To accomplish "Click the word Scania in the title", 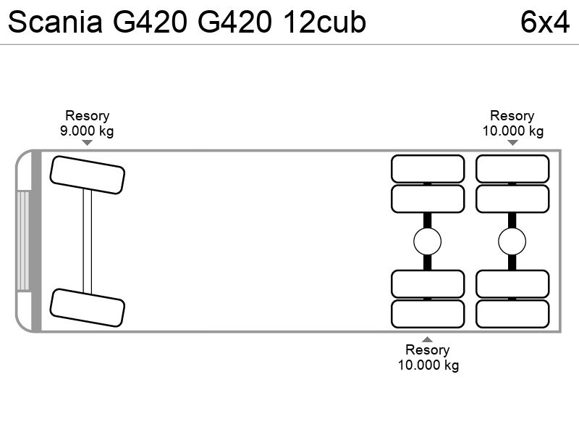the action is tap(55, 22).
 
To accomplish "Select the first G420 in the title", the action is tap(150, 22).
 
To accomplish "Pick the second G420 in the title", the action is tap(234, 22).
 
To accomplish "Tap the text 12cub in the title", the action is tap(325, 22).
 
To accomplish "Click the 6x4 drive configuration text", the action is tap(545, 22).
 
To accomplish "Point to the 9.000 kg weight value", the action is tap(87, 131).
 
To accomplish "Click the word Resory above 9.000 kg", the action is tap(87, 116).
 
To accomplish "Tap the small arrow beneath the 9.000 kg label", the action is tap(87, 143).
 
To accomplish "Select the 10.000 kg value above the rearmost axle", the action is tap(513, 131).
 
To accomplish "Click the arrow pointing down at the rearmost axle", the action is tap(512, 143).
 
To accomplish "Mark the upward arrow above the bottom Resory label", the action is tap(427, 339).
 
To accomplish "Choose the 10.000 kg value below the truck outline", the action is tap(428, 365).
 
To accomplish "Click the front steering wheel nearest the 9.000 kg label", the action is tap(88, 175).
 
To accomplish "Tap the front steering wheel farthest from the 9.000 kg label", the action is tap(88, 307).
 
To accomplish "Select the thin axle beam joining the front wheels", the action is tap(88, 241).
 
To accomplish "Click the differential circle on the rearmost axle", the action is tap(512, 241).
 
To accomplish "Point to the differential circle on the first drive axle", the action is tap(428, 241).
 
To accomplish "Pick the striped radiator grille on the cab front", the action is tap(23, 241).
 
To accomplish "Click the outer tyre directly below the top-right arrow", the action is tap(512, 169).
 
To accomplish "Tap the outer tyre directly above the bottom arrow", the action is tap(428, 314).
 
